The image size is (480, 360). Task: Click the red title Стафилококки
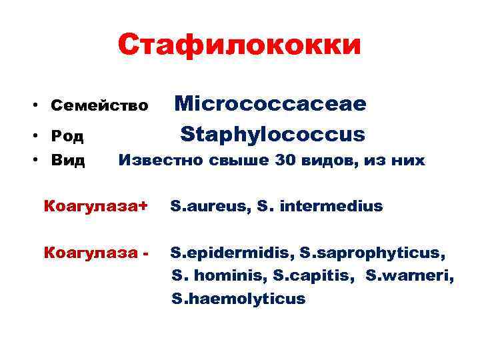click(x=239, y=45)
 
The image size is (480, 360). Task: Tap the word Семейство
click(x=99, y=105)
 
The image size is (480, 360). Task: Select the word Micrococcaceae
click(x=270, y=103)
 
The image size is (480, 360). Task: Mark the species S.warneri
click(x=410, y=275)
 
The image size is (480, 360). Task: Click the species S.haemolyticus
click(x=238, y=299)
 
